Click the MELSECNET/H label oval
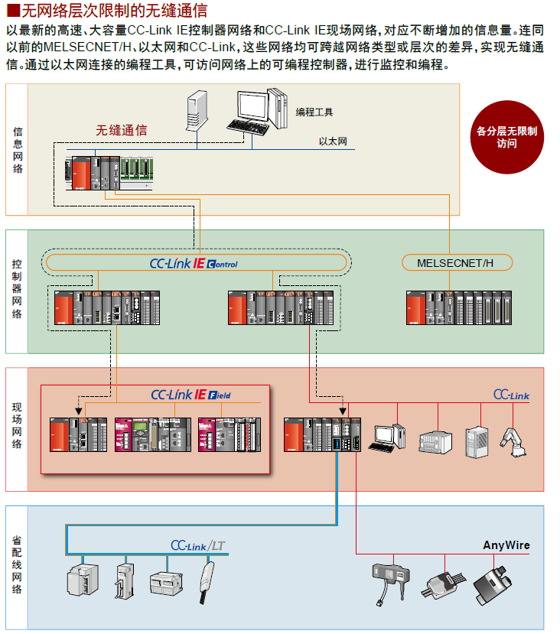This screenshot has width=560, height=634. pyautogui.click(x=457, y=263)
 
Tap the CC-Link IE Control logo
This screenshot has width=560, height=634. pyautogui.click(x=194, y=263)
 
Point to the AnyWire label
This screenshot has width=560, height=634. pyautogui.click(x=506, y=545)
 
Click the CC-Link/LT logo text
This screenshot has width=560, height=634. pyautogui.click(x=197, y=546)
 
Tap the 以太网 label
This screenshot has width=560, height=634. pyautogui.click(x=333, y=141)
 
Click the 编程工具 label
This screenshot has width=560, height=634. pyautogui.click(x=314, y=112)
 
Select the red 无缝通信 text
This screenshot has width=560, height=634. pyautogui.click(x=121, y=131)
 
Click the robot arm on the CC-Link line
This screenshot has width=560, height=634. pyautogui.click(x=515, y=443)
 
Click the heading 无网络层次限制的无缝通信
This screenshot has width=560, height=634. pyautogui.click(x=114, y=11)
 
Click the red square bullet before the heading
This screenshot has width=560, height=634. pyautogui.click(x=11, y=11)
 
